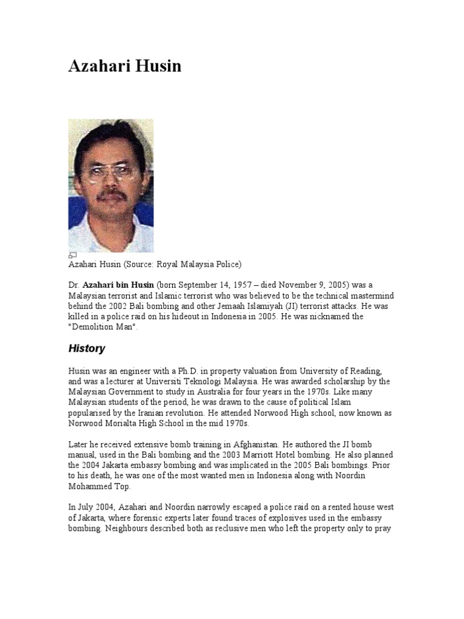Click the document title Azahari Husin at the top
click(124, 66)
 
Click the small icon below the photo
click(72, 255)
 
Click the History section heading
click(86, 349)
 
